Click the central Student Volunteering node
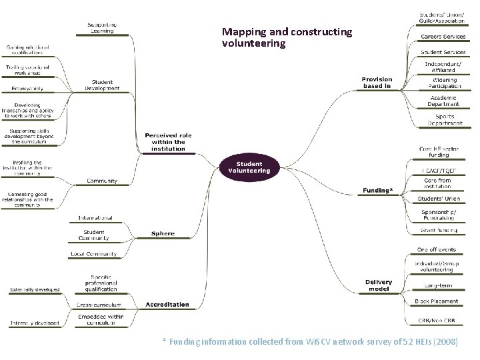(249, 167)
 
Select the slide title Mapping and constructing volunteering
(287, 37)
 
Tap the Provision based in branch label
(377, 83)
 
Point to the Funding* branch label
(377, 191)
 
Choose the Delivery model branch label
(379, 285)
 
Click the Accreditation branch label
(167, 305)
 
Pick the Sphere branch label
(163, 234)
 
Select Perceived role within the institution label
(168, 142)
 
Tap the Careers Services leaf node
(443, 37)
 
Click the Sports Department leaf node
(444, 119)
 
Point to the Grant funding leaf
(439, 231)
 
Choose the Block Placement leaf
(436, 301)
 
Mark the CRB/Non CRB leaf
(437, 319)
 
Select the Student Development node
(102, 85)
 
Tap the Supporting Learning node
(102, 28)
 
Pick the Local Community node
(93, 254)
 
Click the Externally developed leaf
(34, 289)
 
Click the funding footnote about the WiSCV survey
(310, 342)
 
